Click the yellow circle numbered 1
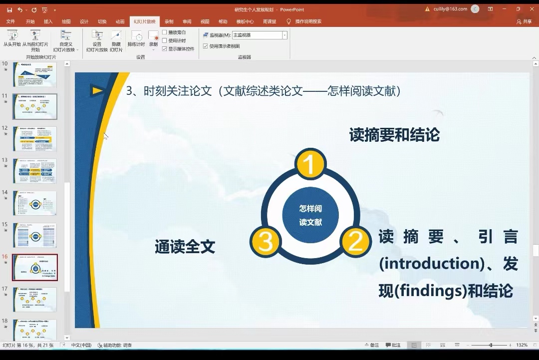(x=310, y=164)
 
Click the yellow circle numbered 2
(x=355, y=242)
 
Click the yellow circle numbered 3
(x=266, y=242)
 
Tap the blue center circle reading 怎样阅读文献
(x=310, y=215)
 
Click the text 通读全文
(x=185, y=247)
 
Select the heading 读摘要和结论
(x=394, y=135)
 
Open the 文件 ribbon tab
(x=10, y=21)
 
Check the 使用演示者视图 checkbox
(x=206, y=46)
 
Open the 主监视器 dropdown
(x=284, y=35)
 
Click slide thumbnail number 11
(x=35, y=106)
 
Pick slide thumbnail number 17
(x=35, y=300)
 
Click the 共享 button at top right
(x=524, y=21)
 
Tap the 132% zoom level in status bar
(x=522, y=345)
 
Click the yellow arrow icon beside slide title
(x=98, y=90)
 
